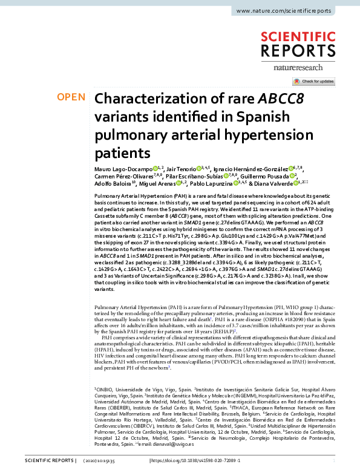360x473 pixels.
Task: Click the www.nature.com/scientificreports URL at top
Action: (x=291, y=11)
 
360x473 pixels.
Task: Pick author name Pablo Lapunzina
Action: (x=211, y=183)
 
